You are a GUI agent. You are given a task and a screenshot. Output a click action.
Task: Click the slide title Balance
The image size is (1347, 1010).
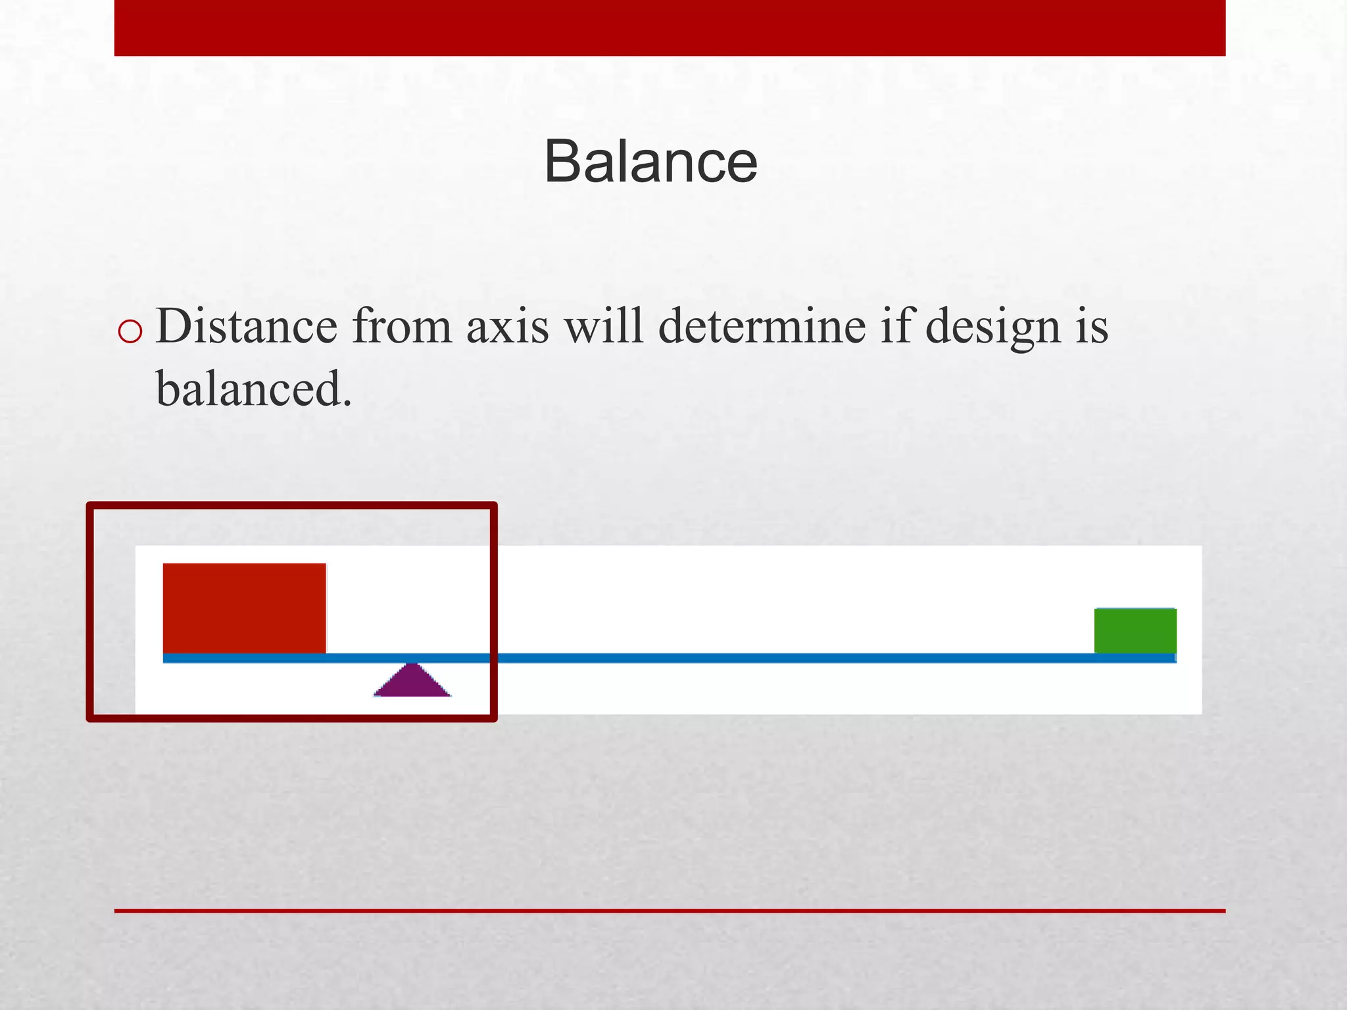point(650,162)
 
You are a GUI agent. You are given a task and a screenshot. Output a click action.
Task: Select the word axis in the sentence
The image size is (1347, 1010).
point(507,326)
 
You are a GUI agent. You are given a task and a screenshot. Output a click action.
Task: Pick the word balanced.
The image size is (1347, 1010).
point(253,388)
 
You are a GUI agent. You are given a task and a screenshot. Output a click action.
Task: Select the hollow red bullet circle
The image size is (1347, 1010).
point(130,332)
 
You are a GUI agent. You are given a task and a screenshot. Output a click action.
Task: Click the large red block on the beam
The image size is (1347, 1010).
point(244,608)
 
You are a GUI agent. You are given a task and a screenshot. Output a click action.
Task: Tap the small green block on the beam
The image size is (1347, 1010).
point(1135,631)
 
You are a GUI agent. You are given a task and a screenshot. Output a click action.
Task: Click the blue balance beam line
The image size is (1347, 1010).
point(723,658)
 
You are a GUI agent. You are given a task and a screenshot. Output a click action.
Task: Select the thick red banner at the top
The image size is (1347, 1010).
point(670,28)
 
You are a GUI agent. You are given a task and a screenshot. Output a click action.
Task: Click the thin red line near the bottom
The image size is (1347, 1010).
point(670,911)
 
